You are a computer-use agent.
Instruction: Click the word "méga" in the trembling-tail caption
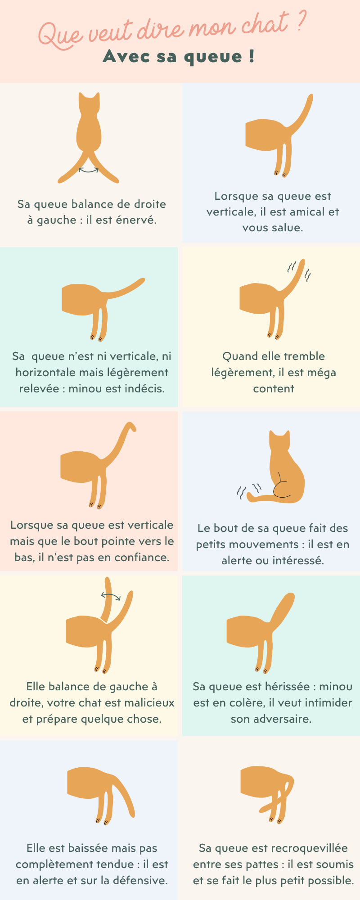321,373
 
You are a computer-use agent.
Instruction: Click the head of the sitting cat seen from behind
279,440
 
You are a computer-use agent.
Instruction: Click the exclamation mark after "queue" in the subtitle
251,56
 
